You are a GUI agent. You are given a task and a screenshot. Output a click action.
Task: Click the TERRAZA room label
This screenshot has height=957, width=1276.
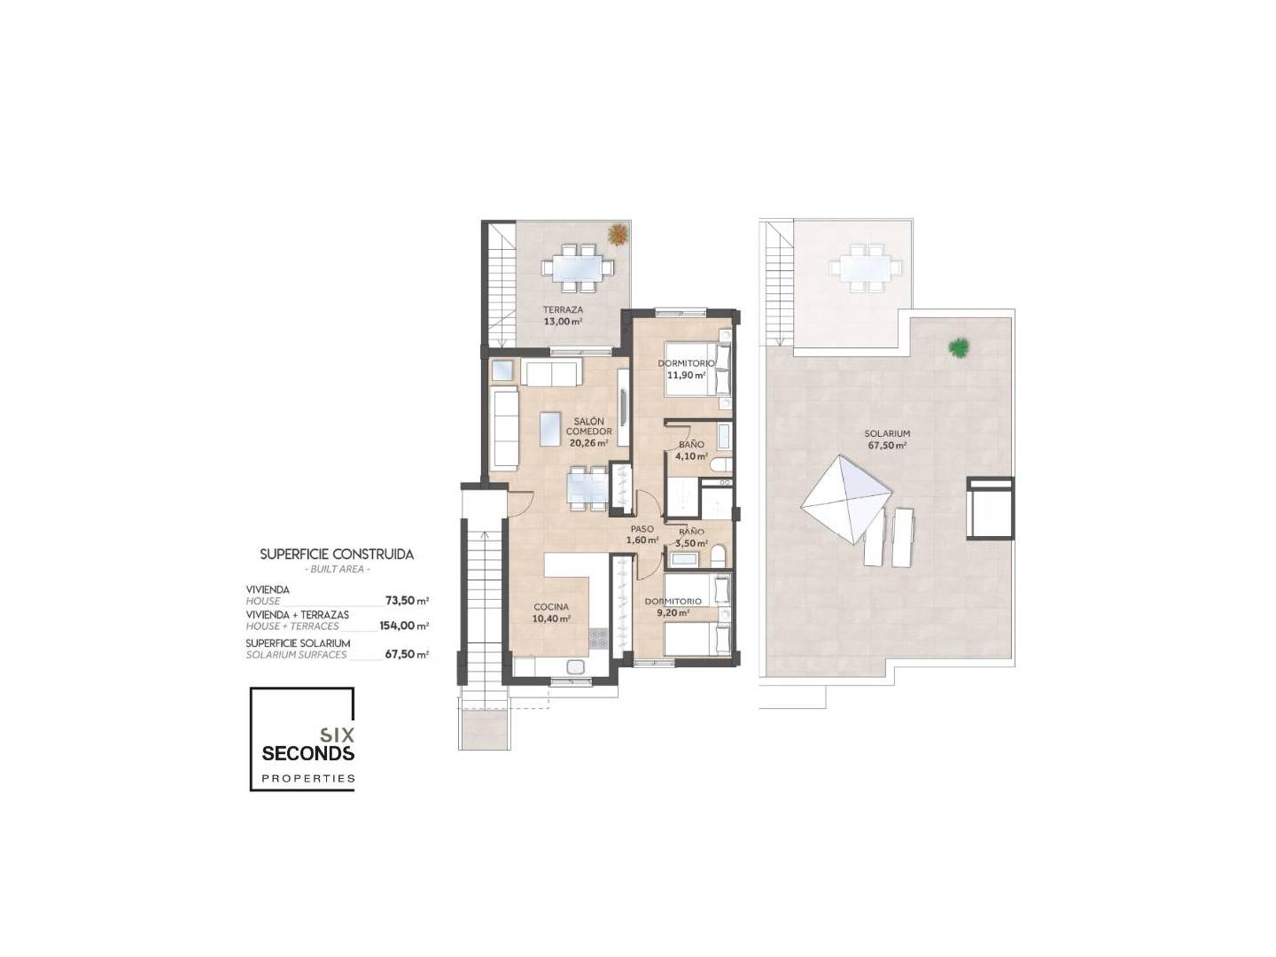[563, 310]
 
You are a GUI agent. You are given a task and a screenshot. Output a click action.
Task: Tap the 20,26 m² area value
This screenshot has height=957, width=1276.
[589, 442]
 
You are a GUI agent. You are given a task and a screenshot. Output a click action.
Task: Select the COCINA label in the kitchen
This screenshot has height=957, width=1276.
[551, 607]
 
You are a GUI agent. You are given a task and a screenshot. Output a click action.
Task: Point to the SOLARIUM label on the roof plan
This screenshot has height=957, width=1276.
[886, 433]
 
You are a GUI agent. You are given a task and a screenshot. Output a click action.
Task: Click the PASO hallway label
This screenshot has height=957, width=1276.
[642, 529]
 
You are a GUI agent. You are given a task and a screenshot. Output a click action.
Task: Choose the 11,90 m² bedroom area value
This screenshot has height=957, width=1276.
[686, 376]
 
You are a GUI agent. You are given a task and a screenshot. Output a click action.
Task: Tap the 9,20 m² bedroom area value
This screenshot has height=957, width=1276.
[675, 612]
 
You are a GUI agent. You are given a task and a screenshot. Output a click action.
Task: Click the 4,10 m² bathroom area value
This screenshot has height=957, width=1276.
[691, 456]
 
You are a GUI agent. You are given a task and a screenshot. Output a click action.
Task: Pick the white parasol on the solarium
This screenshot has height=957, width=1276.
[846, 499]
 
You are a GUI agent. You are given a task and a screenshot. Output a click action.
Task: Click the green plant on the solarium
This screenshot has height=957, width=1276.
[958, 347]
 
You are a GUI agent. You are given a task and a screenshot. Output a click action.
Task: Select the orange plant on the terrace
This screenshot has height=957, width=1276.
[617, 234]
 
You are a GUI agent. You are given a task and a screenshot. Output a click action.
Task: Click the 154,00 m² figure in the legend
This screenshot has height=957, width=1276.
[404, 626]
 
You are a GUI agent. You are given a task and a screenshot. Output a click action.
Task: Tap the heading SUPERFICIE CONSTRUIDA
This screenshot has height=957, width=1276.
[337, 555]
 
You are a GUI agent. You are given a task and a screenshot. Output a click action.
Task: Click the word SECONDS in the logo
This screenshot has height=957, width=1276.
[307, 753]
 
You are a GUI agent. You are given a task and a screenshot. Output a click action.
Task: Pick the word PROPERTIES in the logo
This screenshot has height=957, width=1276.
[308, 779]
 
